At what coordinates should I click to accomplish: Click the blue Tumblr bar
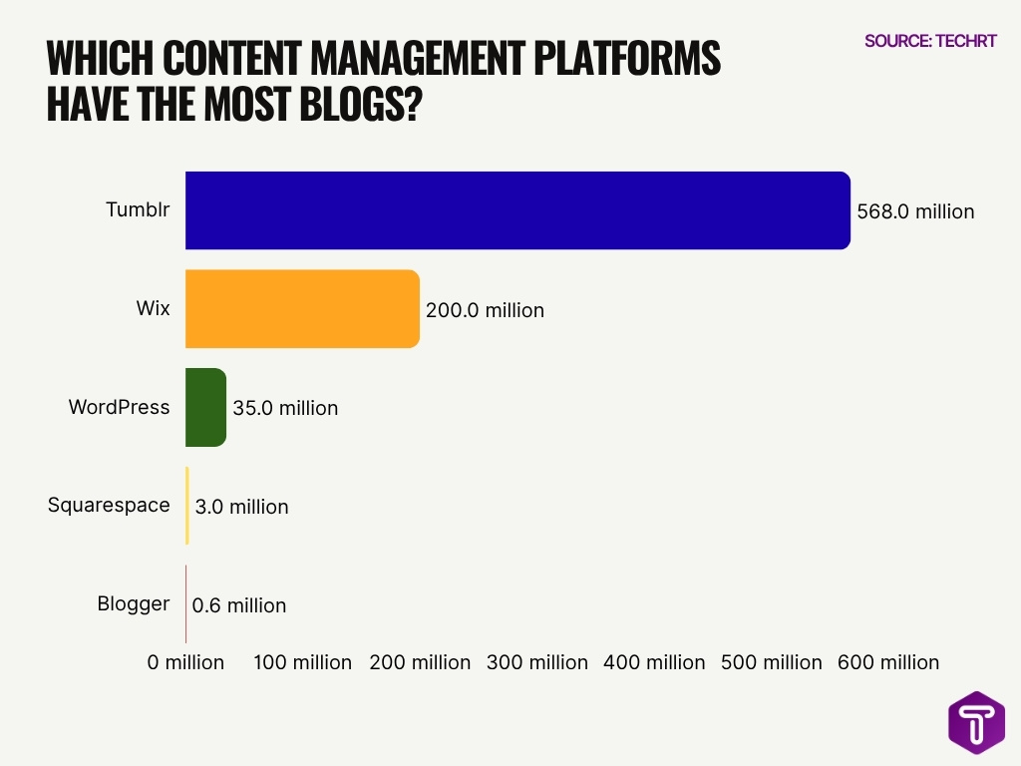pyautogui.click(x=517, y=210)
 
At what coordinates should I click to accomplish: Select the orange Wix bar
pyautogui.click(x=302, y=309)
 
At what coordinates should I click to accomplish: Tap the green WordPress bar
pyautogui.click(x=205, y=407)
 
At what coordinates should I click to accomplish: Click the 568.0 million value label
pyautogui.click(x=915, y=211)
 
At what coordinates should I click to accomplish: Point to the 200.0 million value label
pyautogui.click(x=485, y=310)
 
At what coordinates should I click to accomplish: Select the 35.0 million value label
pyautogui.click(x=285, y=408)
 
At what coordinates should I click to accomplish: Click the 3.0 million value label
pyautogui.click(x=241, y=507)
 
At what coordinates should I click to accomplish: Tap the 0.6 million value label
pyautogui.click(x=238, y=605)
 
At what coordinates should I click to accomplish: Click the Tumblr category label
pyautogui.click(x=138, y=210)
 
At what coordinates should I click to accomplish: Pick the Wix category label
pyautogui.click(x=153, y=308)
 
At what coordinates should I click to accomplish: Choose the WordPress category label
pyautogui.click(x=119, y=407)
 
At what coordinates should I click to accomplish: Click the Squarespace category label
pyautogui.click(x=109, y=505)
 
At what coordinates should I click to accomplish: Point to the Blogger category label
pyautogui.click(x=133, y=603)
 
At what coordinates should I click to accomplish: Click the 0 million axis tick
pyautogui.click(x=186, y=662)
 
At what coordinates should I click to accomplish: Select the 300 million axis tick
pyautogui.click(x=537, y=662)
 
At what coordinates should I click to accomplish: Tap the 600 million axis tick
pyautogui.click(x=888, y=662)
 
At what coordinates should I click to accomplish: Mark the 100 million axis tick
pyautogui.click(x=303, y=662)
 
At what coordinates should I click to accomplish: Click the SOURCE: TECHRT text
pyautogui.click(x=930, y=41)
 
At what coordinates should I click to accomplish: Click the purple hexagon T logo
pyautogui.click(x=976, y=722)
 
